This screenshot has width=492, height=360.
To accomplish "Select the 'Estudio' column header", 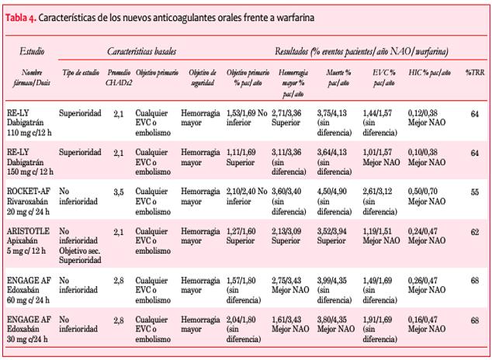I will pos(30,51).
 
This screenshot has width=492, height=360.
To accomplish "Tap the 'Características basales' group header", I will pos(140,51).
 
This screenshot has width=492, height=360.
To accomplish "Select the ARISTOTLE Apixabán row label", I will pos(32,241).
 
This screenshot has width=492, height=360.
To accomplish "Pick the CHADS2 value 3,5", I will pos(117,191).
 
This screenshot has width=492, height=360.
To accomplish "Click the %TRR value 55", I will pos(474,191).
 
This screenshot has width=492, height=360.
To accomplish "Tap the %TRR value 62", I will pos(474,231).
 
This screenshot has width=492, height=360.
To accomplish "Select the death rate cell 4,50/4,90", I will pos(334,196).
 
